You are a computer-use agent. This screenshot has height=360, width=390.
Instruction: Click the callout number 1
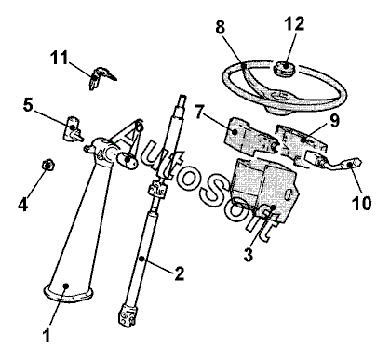tap(47, 336)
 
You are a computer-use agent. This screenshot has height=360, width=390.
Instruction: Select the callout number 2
tap(179, 273)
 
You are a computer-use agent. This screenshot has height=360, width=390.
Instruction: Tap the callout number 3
tap(249, 255)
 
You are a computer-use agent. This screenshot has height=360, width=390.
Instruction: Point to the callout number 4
tap(23, 205)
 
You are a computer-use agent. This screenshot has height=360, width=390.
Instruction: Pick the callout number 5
tap(28, 105)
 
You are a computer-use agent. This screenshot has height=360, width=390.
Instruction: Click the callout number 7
tap(200, 112)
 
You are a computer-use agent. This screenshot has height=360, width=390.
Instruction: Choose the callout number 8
tap(221, 27)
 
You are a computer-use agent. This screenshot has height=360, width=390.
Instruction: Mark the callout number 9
tap(334, 121)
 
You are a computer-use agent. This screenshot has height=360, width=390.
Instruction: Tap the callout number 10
tap(362, 204)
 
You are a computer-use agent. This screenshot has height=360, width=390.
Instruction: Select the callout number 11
tap(59, 58)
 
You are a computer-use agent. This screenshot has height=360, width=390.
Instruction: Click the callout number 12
tap(295, 23)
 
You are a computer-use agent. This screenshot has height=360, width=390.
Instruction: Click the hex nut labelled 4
tap(48, 164)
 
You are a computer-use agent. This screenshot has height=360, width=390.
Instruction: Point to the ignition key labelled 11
tap(101, 77)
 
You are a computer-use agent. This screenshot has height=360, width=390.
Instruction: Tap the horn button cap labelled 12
tap(285, 68)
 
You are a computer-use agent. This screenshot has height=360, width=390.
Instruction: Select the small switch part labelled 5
tap(74, 128)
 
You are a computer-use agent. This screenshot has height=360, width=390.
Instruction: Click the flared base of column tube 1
tap(68, 293)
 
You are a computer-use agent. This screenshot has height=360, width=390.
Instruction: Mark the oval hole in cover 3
tap(289, 195)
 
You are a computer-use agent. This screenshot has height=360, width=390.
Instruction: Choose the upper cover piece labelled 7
tap(250, 136)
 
